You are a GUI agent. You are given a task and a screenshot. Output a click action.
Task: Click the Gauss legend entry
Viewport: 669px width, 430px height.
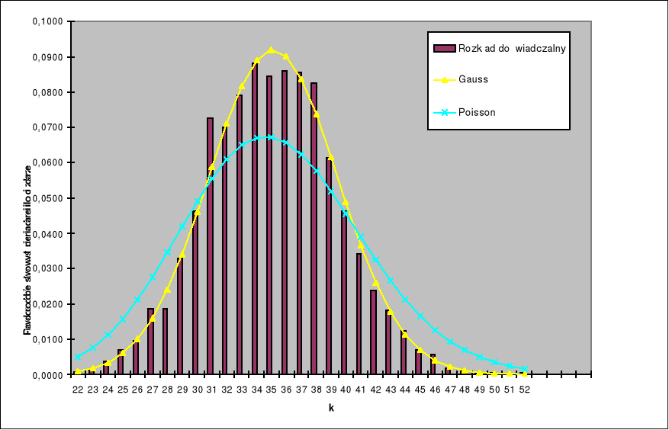click(x=474, y=79)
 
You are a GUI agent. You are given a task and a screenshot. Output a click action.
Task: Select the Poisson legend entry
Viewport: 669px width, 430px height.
click(x=478, y=112)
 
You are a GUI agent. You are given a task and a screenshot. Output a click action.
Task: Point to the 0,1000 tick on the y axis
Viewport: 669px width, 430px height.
click(x=50, y=21)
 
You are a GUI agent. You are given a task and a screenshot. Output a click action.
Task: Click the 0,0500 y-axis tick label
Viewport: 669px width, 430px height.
click(x=50, y=198)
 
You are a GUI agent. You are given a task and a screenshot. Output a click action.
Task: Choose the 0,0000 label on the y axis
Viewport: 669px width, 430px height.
click(x=50, y=375)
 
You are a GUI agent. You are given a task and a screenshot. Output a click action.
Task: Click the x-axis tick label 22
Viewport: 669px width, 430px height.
click(x=78, y=389)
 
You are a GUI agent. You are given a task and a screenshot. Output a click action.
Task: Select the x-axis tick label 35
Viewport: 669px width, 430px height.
click(x=271, y=389)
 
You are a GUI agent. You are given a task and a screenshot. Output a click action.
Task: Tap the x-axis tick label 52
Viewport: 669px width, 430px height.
click(x=525, y=389)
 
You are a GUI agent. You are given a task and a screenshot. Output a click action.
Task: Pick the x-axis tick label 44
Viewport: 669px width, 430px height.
click(x=405, y=389)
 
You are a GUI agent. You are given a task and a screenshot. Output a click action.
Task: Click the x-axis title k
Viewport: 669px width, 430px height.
click(x=331, y=408)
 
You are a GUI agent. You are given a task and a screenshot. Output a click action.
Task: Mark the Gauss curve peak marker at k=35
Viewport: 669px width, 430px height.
click(x=271, y=50)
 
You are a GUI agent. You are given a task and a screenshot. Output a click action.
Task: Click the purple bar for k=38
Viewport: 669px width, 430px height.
click(x=314, y=229)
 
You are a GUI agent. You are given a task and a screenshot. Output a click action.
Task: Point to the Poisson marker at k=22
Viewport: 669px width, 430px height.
click(x=78, y=357)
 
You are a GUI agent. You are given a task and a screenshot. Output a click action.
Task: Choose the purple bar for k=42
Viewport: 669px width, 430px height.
click(x=374, y=332)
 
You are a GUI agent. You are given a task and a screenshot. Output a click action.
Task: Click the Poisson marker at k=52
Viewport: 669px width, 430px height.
click(x=525, y=369)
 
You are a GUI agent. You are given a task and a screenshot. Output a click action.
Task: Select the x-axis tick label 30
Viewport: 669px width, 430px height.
click(x=197, y=389)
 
